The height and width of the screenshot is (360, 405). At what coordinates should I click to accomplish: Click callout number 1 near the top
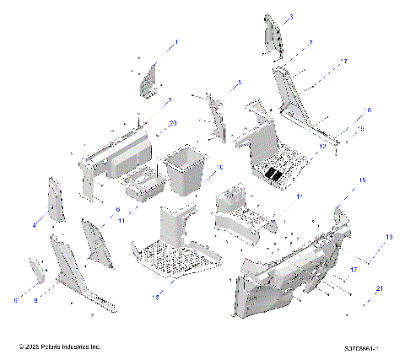(x=176, y=42)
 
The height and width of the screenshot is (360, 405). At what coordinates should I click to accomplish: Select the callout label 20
(x=173, y=123)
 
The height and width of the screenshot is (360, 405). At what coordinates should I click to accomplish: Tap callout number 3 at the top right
(x=291, y=18)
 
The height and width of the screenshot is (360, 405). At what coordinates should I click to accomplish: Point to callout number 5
(x=239, y=83)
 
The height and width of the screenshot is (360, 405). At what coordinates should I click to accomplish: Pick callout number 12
(x=321, y=145)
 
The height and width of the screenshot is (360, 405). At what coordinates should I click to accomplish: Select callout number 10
(x=219, y=168)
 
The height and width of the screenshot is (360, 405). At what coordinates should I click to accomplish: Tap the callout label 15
(x=363, y=180)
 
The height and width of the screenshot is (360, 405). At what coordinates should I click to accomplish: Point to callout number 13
(x=389, y=237)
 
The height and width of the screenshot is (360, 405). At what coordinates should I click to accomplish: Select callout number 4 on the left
(x=35, y=225)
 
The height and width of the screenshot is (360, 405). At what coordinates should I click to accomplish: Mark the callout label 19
(x=362, y=128)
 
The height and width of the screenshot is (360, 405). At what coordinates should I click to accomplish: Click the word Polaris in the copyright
(x=53, y=347)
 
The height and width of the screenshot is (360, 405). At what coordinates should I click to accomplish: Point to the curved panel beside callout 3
(x=273, y=34)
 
